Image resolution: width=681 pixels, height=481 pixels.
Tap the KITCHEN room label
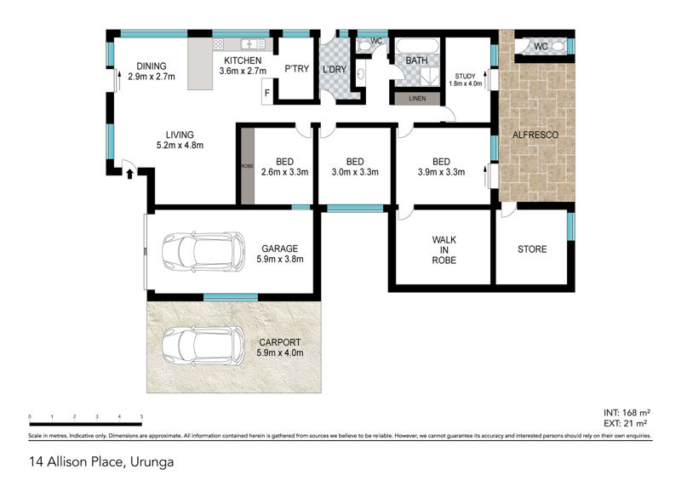[243, 60]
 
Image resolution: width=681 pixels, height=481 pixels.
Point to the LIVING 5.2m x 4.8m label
[180, 140]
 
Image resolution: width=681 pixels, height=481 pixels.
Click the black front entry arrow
[130, 175]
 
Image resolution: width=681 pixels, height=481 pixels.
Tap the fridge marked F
[268, 92]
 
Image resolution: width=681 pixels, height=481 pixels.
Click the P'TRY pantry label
[297, 69]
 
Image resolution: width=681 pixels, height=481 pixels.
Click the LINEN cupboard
[417, 99]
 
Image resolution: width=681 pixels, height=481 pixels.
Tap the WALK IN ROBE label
[444, 249]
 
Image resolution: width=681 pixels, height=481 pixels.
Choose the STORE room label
[532, 249]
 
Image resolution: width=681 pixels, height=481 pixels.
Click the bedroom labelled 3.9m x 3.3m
[441, 167]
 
